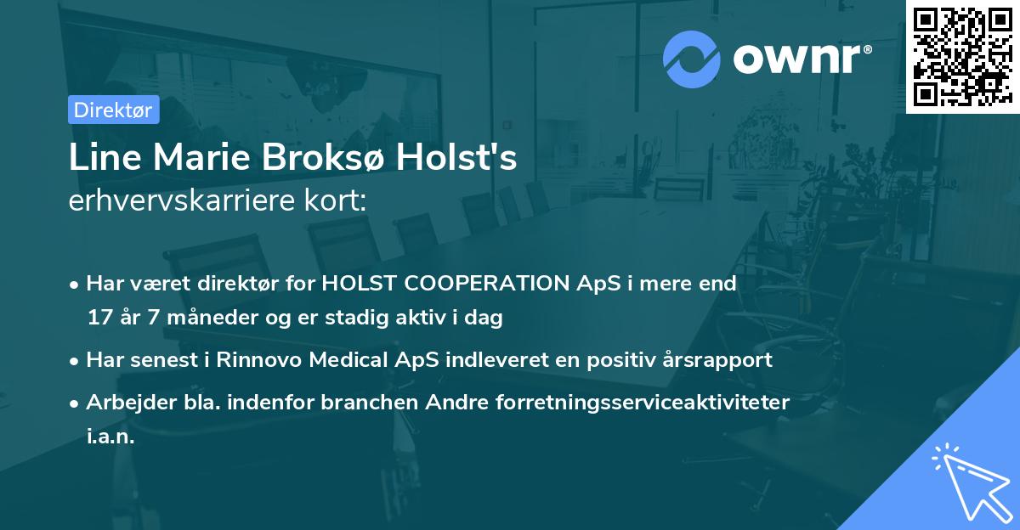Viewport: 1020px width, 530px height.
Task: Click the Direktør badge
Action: [x=113, y=110]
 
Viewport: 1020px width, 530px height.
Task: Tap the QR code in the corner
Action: [x=961, y=55]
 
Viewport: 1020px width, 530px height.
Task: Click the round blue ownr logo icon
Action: [x=692, y=59]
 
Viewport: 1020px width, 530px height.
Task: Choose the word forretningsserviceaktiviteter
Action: [x=643, y=402]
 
